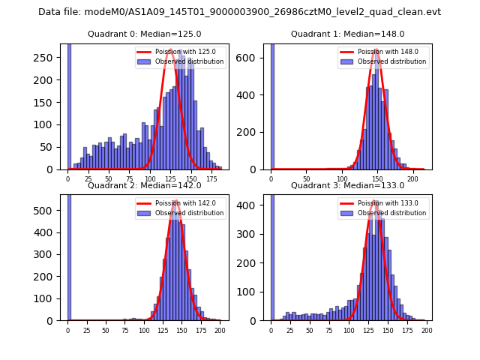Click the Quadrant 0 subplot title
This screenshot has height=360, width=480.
coord(144,34)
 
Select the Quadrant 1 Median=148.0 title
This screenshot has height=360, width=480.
coord(347,34)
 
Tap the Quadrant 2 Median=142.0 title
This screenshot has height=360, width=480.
coord(144,185)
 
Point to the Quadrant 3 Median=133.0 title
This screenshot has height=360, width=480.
coord(347,185)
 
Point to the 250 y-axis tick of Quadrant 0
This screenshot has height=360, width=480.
coord(47,58)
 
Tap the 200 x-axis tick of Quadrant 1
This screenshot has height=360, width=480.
coord(413,179)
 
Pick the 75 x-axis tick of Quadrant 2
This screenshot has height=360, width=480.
coord(124,330)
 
